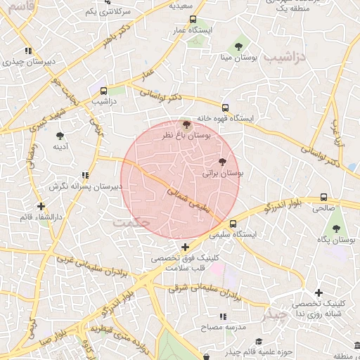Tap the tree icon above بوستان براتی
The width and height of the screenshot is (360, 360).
click(224, 162)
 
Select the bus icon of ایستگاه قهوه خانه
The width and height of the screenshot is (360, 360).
click(225, 108)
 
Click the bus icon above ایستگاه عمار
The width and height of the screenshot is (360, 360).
click(193, 20)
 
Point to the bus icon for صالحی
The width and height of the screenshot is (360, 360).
click(323, 198)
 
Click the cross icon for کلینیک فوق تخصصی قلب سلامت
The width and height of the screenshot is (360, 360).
click(185, 247)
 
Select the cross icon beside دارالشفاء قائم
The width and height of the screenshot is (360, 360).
click(41, 207)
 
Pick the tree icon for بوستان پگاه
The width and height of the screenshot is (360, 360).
click(336, 228)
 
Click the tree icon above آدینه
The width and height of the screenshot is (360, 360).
click(60, 135)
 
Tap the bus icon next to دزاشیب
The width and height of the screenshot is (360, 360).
click(104, 90)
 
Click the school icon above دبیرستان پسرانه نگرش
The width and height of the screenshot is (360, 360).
click(85, 175)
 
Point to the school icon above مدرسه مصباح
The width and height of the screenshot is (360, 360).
click(224, 317)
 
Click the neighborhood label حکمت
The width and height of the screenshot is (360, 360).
click(131, 221)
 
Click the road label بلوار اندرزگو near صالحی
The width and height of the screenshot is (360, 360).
click(281, 205)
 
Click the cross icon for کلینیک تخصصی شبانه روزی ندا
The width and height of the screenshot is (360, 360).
click(319, 292)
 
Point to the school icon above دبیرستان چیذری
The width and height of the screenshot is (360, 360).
click(28, 51)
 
